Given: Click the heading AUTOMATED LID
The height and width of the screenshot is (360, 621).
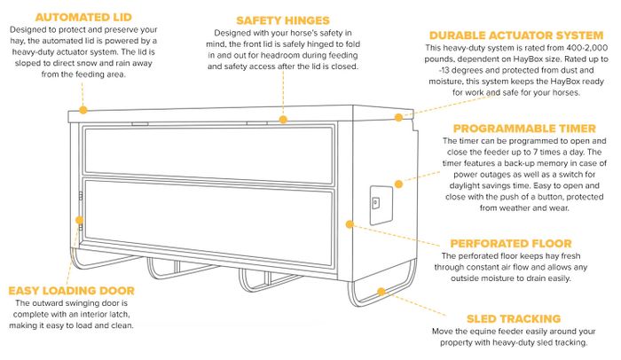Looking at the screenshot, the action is [83, 17].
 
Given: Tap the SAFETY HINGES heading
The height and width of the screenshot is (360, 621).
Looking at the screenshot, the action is [283, 20].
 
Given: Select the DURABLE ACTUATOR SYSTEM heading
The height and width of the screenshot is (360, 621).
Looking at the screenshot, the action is [516, 35].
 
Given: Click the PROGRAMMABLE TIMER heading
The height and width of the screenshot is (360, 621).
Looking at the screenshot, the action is [524, 129].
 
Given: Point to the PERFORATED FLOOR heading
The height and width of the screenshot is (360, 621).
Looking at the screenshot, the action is [511, 244].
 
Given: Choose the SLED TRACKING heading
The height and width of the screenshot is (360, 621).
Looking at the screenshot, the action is [514, 319].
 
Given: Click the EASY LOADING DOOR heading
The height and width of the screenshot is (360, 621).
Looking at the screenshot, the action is [71, 291].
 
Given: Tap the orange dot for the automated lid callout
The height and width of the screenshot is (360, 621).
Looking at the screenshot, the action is [83, 110].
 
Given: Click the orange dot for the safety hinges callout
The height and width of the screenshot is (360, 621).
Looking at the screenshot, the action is [283, 120].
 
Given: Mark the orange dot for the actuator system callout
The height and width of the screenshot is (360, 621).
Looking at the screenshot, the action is [399, 117].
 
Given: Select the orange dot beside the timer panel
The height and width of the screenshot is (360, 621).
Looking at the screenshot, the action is [399, 184].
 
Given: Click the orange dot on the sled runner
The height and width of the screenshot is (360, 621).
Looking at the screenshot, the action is [381, 292].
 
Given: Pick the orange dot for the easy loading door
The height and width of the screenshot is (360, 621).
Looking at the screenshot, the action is [80, 220].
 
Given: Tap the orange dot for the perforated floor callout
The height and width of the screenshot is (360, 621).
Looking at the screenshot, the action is [350, 224].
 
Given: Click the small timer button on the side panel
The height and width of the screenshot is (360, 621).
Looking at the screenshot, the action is [375, 203].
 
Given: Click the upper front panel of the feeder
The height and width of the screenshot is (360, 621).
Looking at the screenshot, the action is [208, 154].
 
